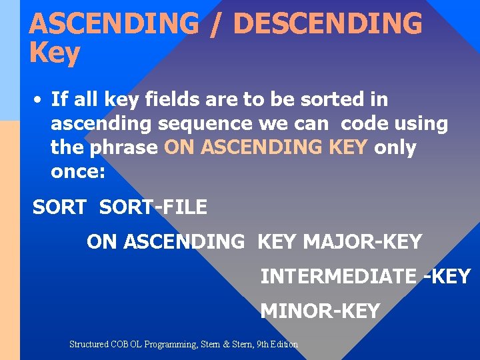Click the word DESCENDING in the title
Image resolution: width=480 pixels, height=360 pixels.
click(x=328, y=24)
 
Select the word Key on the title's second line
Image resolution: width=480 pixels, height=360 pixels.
click(x=54, y=53)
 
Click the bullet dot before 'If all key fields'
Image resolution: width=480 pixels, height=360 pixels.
click(x=39, y=101)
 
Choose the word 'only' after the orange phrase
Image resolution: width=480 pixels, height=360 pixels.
click(x=395, y=147)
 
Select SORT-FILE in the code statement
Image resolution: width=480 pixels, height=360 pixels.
click(x=153, y=207)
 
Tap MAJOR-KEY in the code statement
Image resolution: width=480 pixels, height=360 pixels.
click(x=362, y=241)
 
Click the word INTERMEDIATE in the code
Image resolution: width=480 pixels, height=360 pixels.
click(x=338, y=276)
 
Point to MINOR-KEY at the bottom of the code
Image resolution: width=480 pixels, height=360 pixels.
click(x=319, y=311)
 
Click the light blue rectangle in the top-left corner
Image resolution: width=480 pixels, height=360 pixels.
click(x=9, y=60)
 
